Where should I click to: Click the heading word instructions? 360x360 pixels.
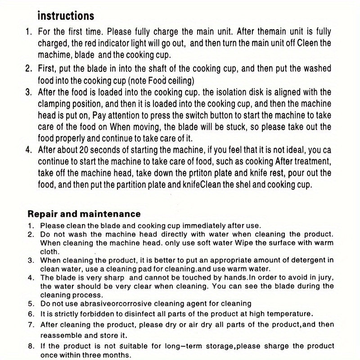tap(65, 16)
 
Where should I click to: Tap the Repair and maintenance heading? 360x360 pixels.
tap(84, 214)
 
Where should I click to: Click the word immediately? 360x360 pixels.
tap(197, 226)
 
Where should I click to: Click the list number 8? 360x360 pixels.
tap(31, 346)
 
